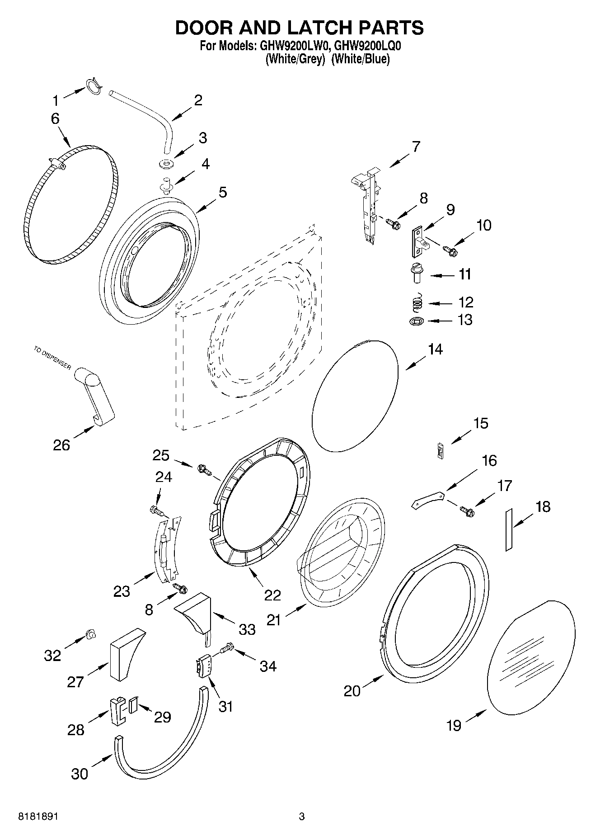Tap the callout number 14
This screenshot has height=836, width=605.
(435, 349)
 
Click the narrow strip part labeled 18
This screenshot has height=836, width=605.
(508, 529)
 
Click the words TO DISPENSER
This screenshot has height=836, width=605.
(52, 358)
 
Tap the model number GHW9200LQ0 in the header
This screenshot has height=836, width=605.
(368, 46)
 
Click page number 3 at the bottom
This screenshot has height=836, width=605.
(302, 817)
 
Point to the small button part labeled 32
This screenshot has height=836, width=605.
(90, 635)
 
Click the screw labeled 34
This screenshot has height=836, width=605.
(226, 649)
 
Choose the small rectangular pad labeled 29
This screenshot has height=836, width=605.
(132, 705)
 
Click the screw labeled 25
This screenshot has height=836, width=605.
(204, 470)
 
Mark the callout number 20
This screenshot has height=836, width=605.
(352, 691)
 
